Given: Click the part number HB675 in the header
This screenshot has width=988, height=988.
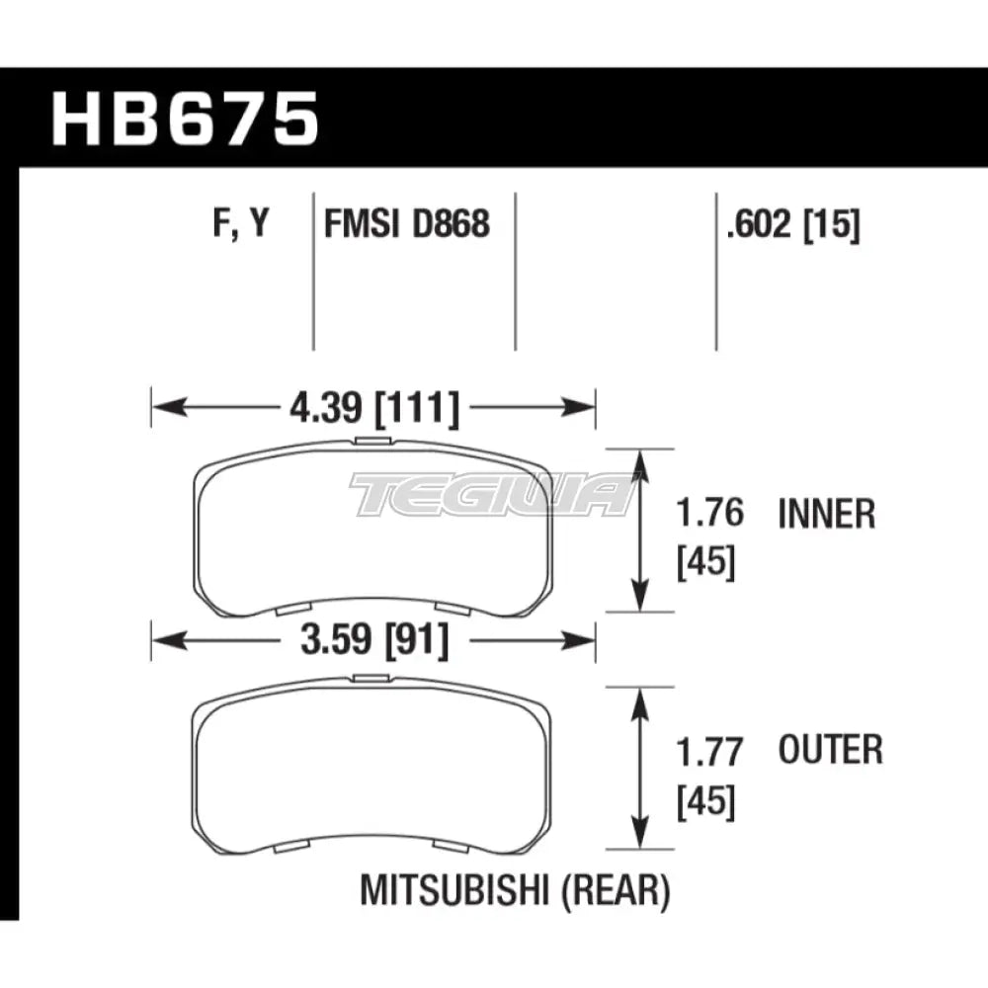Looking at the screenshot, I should coord(186,120).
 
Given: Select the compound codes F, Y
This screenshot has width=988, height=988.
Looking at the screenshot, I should coord(240,225).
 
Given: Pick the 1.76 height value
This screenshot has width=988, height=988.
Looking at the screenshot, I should coord(708,515).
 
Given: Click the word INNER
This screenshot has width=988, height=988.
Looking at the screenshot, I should coord(827,515).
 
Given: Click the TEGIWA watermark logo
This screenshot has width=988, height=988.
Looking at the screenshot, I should coord(491,494).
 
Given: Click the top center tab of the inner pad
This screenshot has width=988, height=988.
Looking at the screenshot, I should coord(372,442).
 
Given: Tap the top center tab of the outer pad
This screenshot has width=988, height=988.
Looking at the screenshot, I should coord(372,678).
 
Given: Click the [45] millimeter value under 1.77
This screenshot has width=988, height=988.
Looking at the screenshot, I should coord(706,801).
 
